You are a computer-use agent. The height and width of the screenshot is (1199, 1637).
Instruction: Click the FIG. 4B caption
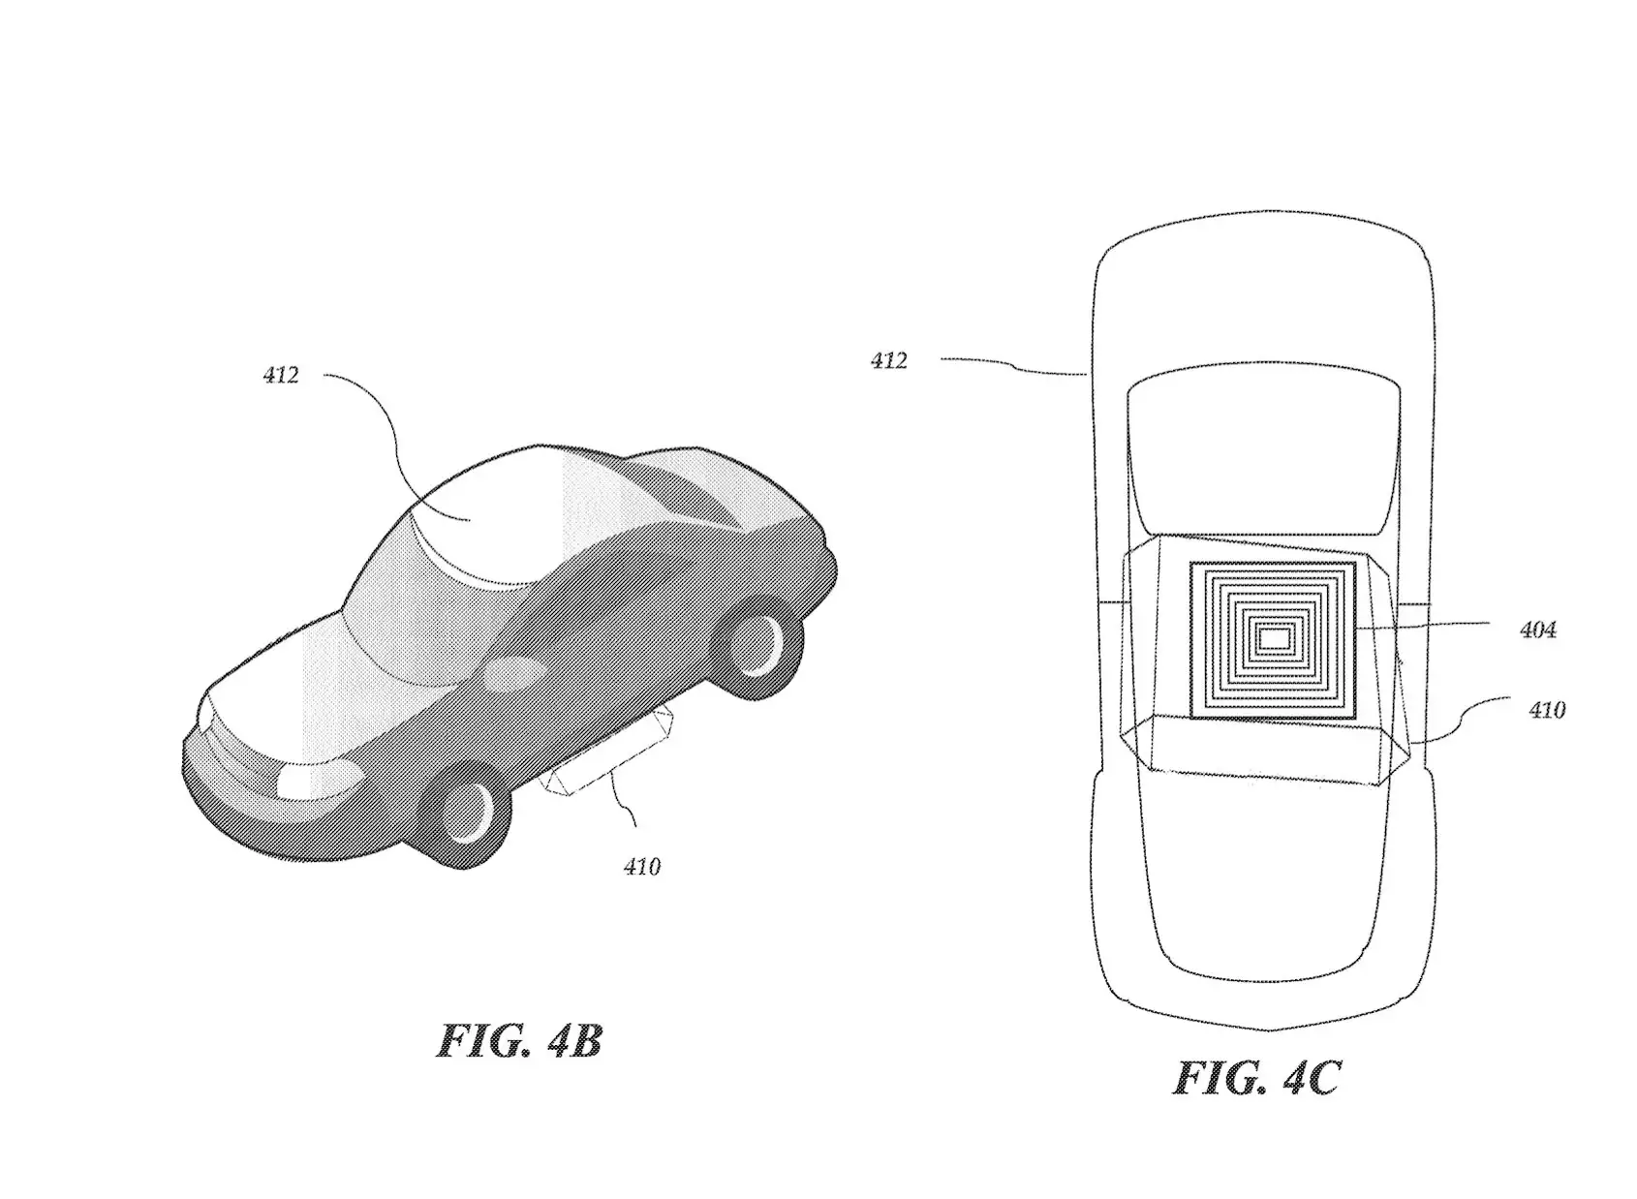click(x=519, y=1040)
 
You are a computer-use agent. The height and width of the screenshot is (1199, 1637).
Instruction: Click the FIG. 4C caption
click(x=1257, y=1078)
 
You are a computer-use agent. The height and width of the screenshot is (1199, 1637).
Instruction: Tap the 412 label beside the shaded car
click(x=281, y=375)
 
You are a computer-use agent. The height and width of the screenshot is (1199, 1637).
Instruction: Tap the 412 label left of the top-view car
click(x=888, y=360)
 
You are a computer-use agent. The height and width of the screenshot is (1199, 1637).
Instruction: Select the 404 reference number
click(x=1538, y=630)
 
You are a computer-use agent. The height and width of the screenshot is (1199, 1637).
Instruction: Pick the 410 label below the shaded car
click(x=642, y=867)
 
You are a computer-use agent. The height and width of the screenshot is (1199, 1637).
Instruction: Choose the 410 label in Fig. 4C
click(x=1547, y=710)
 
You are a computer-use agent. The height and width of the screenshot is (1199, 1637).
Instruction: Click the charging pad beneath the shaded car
click(x=606, y=753)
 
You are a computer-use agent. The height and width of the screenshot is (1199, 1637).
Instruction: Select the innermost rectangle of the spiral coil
click(x=1276, y=639)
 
